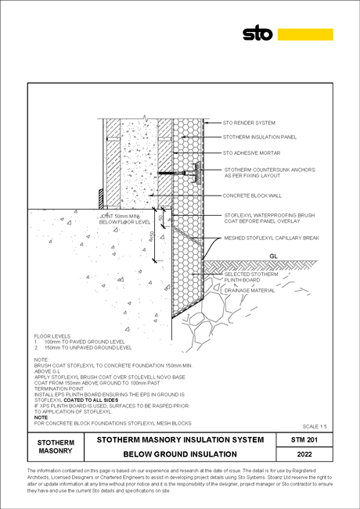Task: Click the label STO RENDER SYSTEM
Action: (x=249, y=123)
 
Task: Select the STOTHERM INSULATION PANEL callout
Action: (x=260, y=137)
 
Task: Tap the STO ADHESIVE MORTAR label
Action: (x=251, y=152)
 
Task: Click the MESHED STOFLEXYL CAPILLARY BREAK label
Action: (x=272, y=238)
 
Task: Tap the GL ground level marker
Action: (x=274, y=256)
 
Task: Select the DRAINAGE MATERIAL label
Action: (x=250, y=290)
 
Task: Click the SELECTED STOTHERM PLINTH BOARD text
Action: (x=251, y=278)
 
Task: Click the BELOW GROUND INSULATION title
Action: (x=180, y=454)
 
